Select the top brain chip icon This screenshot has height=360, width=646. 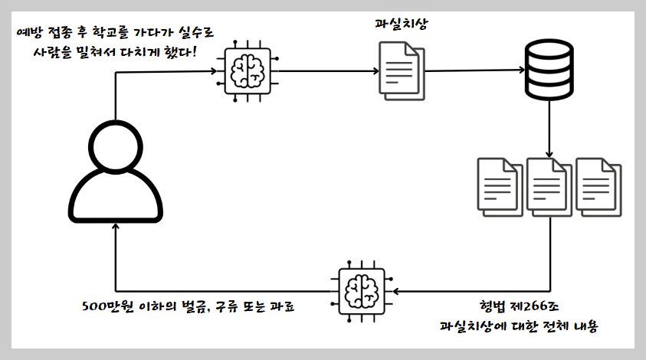pyautogui.click(x=247, y=70)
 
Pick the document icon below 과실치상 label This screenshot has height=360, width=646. pyautogui.click(x=401, y=70)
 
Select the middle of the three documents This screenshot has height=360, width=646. pyautogui.click(x=549, y=185)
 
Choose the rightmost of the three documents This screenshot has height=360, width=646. pyautogui.click(x=598, y=185)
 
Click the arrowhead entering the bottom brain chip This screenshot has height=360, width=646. pyautogui.click(x=395, y=291)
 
